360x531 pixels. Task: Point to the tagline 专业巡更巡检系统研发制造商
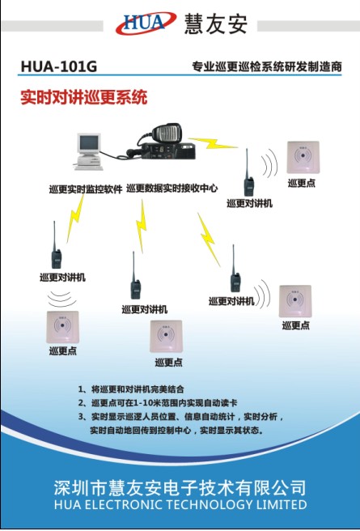pyautogui.click(x=267, y=66)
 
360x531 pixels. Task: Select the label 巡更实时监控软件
pyautogui.click(x=85, y=189)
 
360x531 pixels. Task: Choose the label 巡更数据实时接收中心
pyautogui.click(x=172, y=188)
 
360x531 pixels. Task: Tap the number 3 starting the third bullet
pyautogui.click(x=82, y=416)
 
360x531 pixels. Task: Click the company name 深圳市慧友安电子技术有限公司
pyautogui.click(x=180, y=488)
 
